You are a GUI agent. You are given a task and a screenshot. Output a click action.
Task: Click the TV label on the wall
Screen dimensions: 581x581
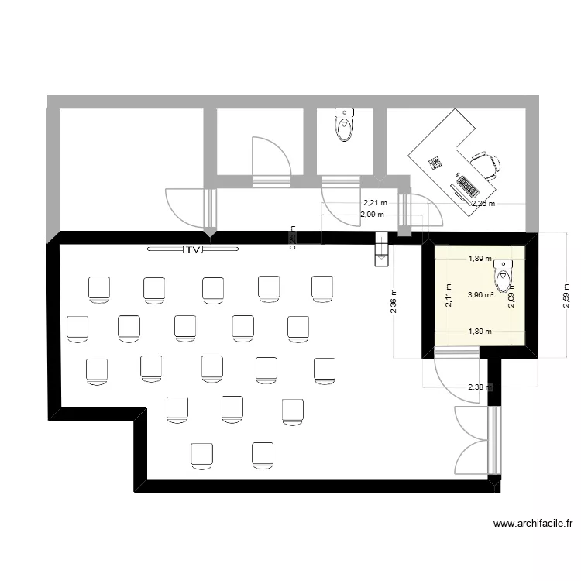point(192,249)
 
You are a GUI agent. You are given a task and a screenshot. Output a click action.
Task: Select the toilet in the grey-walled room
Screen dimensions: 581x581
point(345,125)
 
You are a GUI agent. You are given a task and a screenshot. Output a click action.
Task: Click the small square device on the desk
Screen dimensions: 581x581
point(435,163)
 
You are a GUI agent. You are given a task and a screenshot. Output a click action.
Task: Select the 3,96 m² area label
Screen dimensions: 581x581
point(480,294)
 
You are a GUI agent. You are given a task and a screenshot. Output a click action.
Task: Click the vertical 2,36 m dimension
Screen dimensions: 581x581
point(394,307)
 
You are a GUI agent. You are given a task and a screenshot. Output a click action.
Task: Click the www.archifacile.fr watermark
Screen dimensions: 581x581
point(534,524)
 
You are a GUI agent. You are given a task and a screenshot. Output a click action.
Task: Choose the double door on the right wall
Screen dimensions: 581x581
point(474,442)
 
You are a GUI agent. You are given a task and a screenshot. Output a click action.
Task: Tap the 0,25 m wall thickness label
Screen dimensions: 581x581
point(293,239)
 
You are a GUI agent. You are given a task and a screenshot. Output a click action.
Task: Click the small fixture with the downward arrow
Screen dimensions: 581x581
point(380,249)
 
